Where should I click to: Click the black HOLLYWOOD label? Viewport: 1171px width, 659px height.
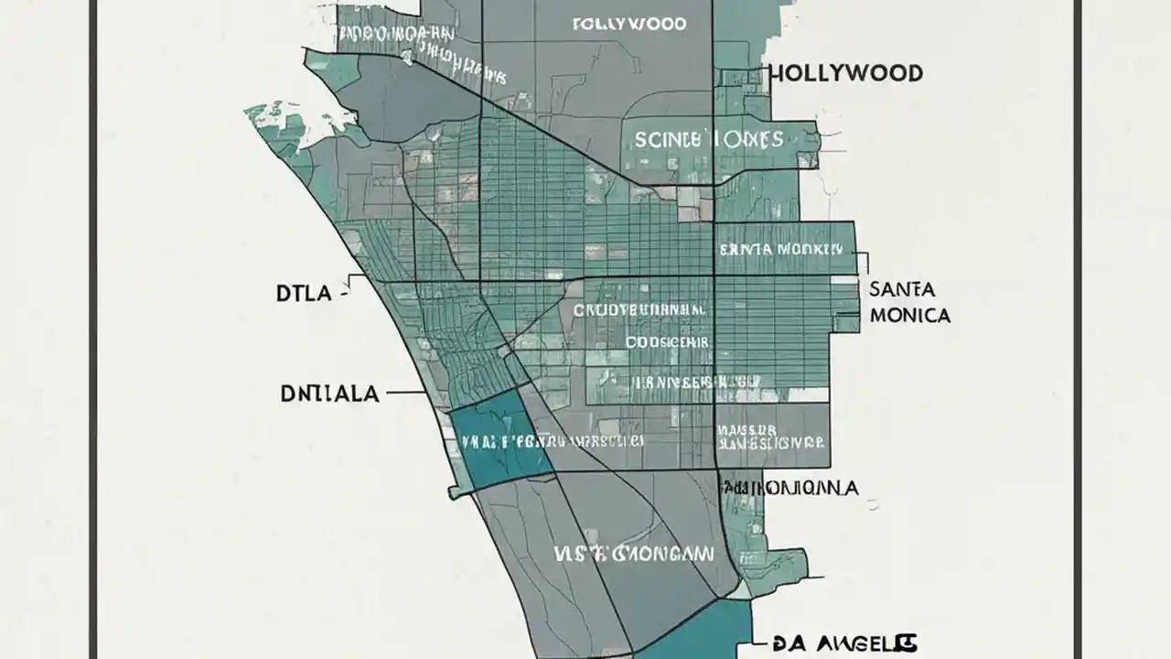tap(845, 73)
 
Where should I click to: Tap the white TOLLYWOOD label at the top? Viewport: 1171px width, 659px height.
tap(628, 25)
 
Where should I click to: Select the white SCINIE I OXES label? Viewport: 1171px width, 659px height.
tap(708, 140)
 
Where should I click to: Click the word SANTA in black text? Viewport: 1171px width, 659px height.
tap(902, 289)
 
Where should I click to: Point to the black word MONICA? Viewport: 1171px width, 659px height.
tap(910, 316)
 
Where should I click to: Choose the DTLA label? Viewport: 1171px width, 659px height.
tap(303, 295)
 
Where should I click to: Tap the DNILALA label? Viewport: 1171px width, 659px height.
tap(328, 394)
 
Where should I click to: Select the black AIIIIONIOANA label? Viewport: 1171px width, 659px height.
tap(790, 488)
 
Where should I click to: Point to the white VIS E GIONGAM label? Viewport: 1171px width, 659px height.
tap(633, 553)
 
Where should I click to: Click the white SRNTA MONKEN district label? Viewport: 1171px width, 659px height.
tap(780, 249)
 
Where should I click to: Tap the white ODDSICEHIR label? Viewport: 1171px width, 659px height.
tap(667, 341)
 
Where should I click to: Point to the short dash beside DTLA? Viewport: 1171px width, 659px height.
tap(345, 295)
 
